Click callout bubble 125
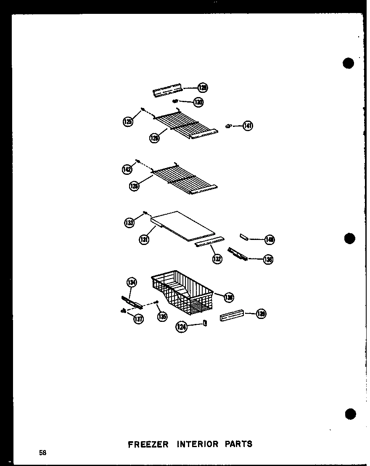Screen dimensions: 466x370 point(127,122)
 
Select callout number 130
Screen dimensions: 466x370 point(198,102)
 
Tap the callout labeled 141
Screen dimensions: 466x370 point(248,125)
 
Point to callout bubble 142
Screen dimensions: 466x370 point(127,169)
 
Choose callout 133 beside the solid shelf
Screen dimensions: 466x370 point(129,223)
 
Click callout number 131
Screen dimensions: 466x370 point(144,240)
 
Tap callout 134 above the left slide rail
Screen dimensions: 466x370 point(132,282)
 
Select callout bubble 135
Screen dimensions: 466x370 point(162,317)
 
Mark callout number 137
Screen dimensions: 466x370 point(138,319)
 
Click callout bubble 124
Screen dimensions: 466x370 point(182,327)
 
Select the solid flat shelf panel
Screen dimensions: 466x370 point(183,227)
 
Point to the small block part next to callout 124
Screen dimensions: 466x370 point(205,323)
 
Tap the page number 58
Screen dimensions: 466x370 point(43,453)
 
